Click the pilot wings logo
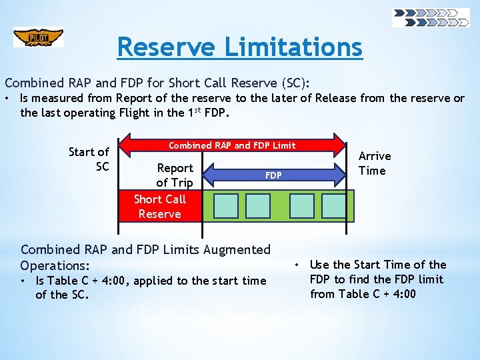(x=39, y=37)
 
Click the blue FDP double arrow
(x=273, y=175)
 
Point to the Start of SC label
(x=89, y=159)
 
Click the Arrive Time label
(x=375, y=163)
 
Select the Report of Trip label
(x=174, y=175)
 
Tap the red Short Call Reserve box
(x=159, y=207)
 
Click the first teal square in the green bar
(x=225, y=206)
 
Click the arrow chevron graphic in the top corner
(x=431, y=17)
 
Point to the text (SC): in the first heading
(x=294, y=83)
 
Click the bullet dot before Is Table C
(x=24, y=281)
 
